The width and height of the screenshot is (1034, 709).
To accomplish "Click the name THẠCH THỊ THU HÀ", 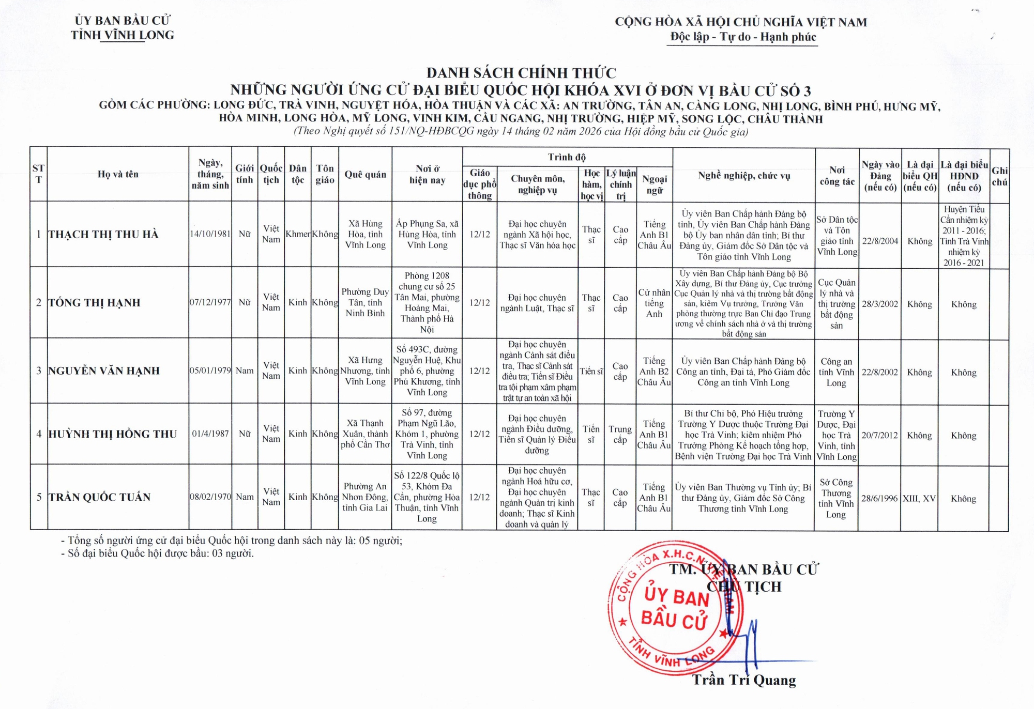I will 103,235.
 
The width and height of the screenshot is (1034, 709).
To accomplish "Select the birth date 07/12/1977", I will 210,302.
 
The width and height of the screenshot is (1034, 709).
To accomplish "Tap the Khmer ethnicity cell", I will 298,234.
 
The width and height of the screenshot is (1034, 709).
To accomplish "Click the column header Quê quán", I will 365,175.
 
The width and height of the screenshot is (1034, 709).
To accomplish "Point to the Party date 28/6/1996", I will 880,499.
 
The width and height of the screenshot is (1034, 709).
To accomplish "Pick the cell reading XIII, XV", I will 919,499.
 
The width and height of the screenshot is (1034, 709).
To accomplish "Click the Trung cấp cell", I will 620,435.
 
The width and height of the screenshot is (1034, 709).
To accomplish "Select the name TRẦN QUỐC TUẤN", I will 100,497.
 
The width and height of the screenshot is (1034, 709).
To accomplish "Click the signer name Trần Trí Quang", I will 744,680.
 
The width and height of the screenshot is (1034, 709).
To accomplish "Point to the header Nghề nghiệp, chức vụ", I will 744,176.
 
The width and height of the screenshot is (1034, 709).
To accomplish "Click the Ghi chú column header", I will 999,176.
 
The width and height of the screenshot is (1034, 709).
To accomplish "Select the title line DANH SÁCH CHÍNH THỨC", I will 521,73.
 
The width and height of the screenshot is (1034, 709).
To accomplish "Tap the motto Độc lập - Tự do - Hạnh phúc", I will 743,37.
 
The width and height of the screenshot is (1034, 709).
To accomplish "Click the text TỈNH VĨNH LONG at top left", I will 123,35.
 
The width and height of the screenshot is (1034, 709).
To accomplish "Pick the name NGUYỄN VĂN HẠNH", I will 104,371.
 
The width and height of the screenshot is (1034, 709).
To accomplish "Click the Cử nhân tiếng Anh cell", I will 654,303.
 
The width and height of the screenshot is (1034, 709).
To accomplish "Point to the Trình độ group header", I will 567,157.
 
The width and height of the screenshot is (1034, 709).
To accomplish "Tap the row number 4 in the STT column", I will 39,434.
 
